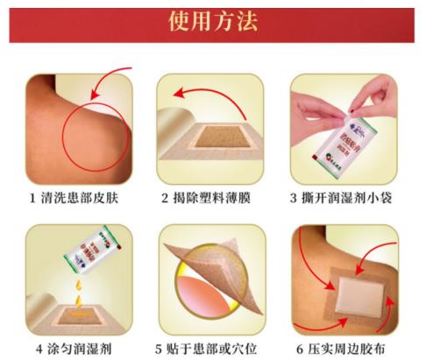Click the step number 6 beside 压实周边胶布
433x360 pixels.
(x=303, y=347)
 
